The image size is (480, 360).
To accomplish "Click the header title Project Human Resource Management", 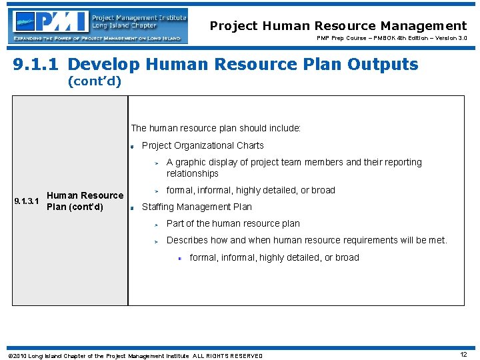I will pyautogui.click(x=338, y=26).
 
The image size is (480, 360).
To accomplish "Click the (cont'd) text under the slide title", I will pyautogui.click(x=95, y=83).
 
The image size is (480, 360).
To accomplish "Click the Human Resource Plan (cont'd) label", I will pyautogui.click(x=85, y=201).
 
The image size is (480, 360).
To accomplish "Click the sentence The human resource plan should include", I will pyautogui.click(x=216, y=128).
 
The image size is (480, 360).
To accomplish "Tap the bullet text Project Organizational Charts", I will pyautogui.click(x=203, y=145).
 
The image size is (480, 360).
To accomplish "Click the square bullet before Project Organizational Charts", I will pyautogui.click(x=133, y=146).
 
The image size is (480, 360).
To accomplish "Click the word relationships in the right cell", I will pyautogui.click(x=192, y=173).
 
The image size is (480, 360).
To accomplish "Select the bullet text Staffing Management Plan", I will pyautogui.click(x=197, y=207).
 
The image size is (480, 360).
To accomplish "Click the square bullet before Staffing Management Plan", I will pyautogui.click(x=133, y=207).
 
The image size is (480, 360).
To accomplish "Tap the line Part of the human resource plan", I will pyautogui.click(x=233, y=223).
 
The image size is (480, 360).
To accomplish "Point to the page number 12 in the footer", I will pyautogui.click(x=463, y=355).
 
